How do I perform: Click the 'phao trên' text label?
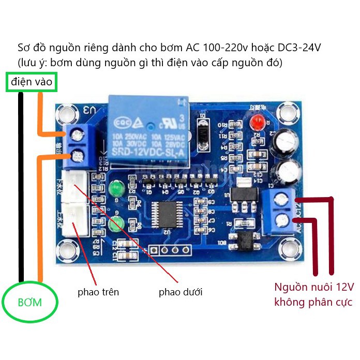click(98, 292)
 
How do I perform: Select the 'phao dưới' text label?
click(181, 292)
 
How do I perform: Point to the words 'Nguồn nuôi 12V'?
click(314, 287)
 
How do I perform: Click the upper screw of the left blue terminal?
click(79, 136)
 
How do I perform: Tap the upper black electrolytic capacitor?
click(286, 140)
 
